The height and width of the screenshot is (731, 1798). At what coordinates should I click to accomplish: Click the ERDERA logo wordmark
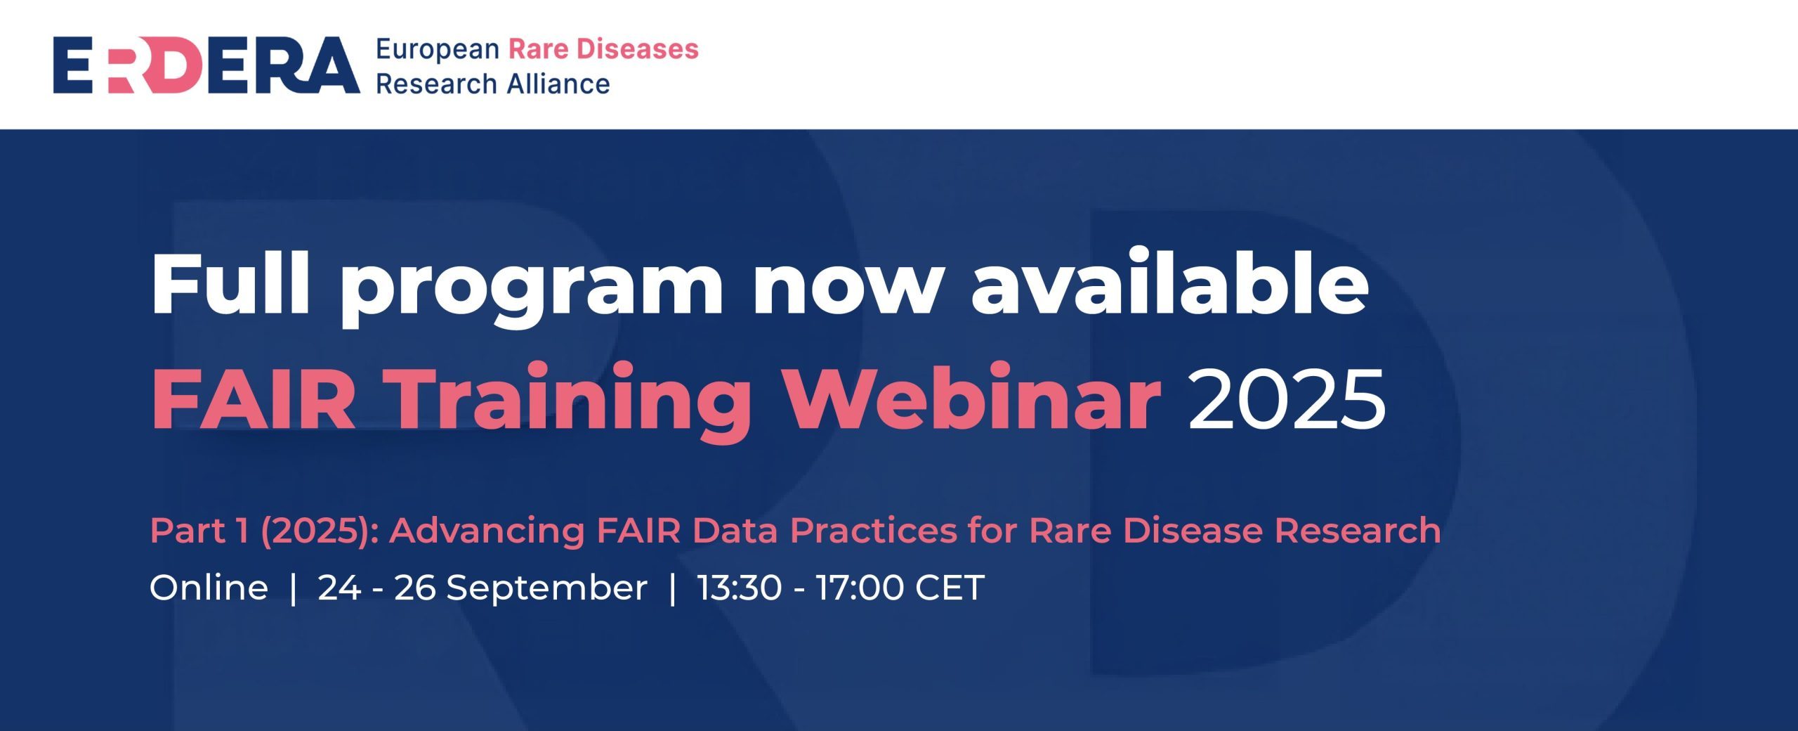click(206, 65)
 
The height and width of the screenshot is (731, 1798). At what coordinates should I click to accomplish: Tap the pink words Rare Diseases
click(603, 49)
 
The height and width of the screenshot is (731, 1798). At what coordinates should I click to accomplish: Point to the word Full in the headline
click(230, 281)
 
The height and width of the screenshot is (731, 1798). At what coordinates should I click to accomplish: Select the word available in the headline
click(1169, 281)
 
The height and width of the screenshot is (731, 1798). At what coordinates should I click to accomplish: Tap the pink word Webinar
click(973, 397)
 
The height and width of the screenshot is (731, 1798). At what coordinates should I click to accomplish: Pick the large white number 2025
click(1287, 399)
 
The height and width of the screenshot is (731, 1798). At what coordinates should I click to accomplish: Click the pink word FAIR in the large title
click(253, 399)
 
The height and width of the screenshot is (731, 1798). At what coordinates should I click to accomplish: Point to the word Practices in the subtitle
click(873, 531)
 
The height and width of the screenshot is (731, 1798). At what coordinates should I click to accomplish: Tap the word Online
click(209, 588)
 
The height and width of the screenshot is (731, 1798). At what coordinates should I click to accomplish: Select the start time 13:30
click(740, 588)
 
